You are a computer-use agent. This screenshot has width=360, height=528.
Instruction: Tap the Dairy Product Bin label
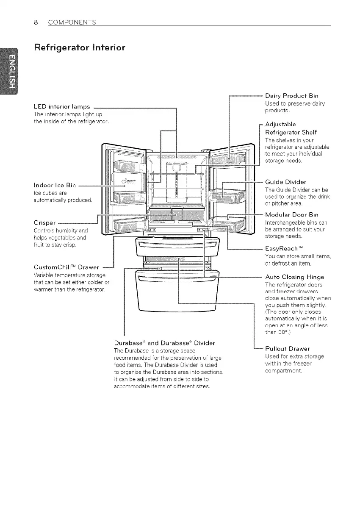pos(291,96)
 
